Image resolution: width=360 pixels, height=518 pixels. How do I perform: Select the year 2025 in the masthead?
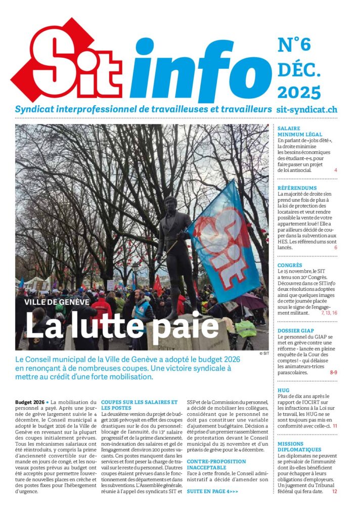point(299,93)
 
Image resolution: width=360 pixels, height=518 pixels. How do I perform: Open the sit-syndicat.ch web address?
point(307,109)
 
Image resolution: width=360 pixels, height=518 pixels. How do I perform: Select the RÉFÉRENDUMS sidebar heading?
point(297,188)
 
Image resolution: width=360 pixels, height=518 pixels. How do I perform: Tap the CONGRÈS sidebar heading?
point(290,265)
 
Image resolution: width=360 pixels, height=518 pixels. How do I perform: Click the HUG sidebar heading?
point(283,391)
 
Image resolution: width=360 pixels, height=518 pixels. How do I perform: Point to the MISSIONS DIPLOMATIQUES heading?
point(299,446)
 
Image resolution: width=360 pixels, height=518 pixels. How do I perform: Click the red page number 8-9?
point(333,373)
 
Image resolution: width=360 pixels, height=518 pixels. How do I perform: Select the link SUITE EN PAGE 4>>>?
point(212,491)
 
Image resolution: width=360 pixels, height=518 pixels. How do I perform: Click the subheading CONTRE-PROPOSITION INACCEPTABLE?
point(216,464)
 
